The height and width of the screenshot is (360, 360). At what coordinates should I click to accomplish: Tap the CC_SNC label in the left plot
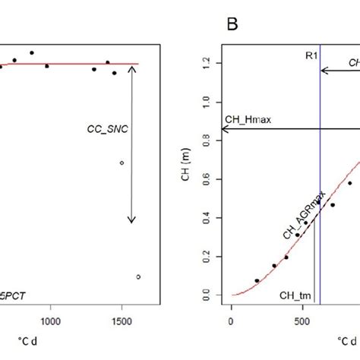(103, 130)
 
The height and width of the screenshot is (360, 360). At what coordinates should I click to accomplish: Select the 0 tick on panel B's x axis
(231, 322)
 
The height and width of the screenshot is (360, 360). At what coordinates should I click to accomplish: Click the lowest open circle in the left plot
(138, 277)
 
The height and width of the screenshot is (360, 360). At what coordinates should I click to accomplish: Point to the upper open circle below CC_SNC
(122, 163)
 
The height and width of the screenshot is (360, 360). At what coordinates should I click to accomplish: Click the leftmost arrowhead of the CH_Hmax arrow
(223, 130)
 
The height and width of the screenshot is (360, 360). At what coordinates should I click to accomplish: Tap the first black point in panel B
(257, 281)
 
